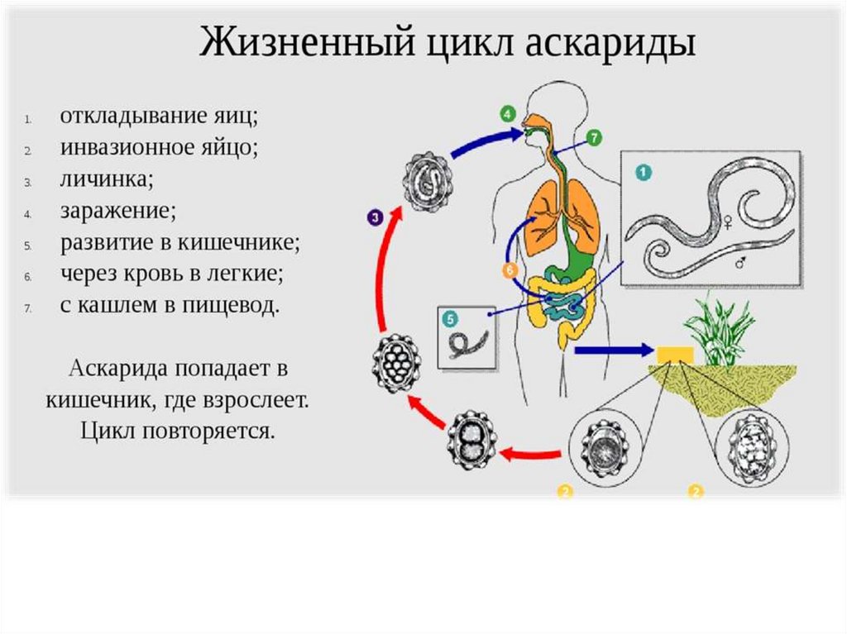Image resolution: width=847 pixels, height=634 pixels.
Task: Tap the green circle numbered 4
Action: [506, 114]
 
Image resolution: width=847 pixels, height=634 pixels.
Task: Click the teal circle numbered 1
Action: [643, 173]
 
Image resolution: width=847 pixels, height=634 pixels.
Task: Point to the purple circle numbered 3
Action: [375, 218]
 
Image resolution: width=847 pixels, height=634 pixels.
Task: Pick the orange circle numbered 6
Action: [510, 270]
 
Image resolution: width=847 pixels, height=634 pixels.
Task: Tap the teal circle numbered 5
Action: [450, 317]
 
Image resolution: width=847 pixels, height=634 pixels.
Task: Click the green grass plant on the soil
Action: [719, 331]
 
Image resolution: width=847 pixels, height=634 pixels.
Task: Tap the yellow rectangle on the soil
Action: [675, 354]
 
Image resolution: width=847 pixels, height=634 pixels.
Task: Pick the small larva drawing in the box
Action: [467, 340]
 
